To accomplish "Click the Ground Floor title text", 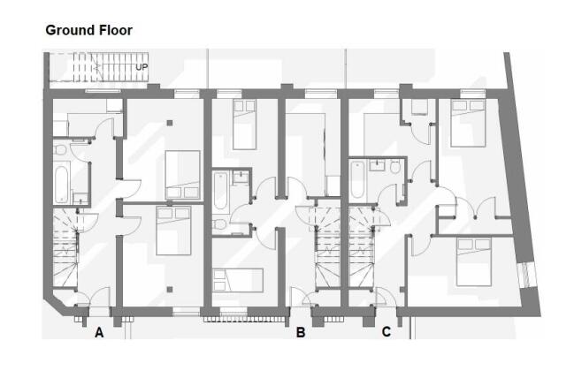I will [88, 30].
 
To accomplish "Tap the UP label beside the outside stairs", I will [141, 66].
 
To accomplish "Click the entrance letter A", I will [99, 333].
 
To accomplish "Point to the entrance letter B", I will [301, 333].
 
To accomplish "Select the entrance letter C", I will [386, 333].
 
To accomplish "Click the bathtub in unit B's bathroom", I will [220, 191].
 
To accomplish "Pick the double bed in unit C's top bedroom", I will [466, 125].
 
